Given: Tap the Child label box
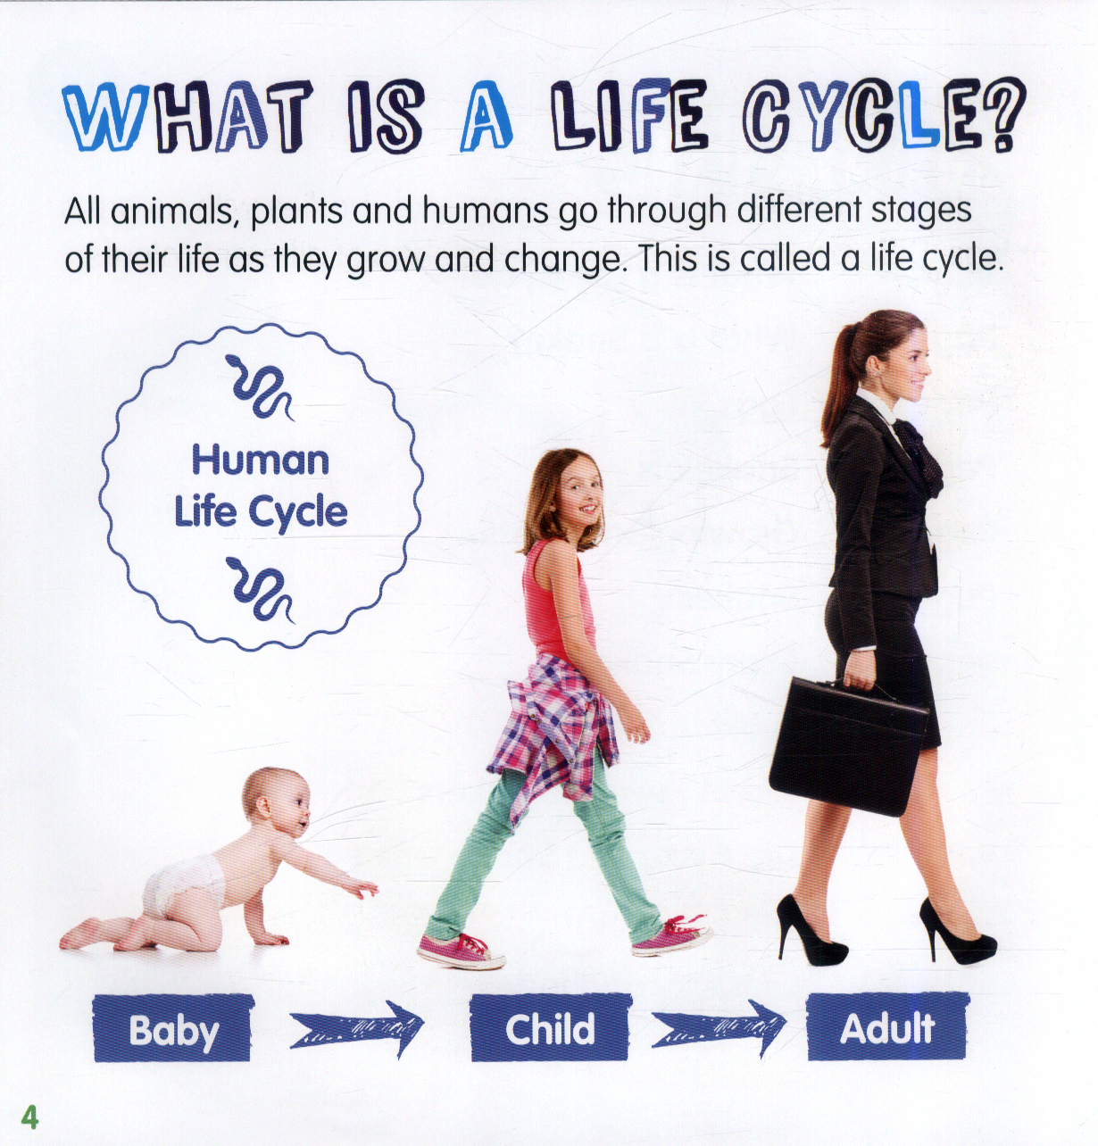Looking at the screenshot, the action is [550, 1027].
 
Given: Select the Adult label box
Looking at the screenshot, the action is [887, 1026].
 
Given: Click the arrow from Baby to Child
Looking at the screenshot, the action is [357, 1028].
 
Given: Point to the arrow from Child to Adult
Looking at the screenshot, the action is [719, 1027].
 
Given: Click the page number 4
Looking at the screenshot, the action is [29, 1117].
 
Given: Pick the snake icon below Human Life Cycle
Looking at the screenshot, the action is [261, 589].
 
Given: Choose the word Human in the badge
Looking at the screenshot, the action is [261, 461].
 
